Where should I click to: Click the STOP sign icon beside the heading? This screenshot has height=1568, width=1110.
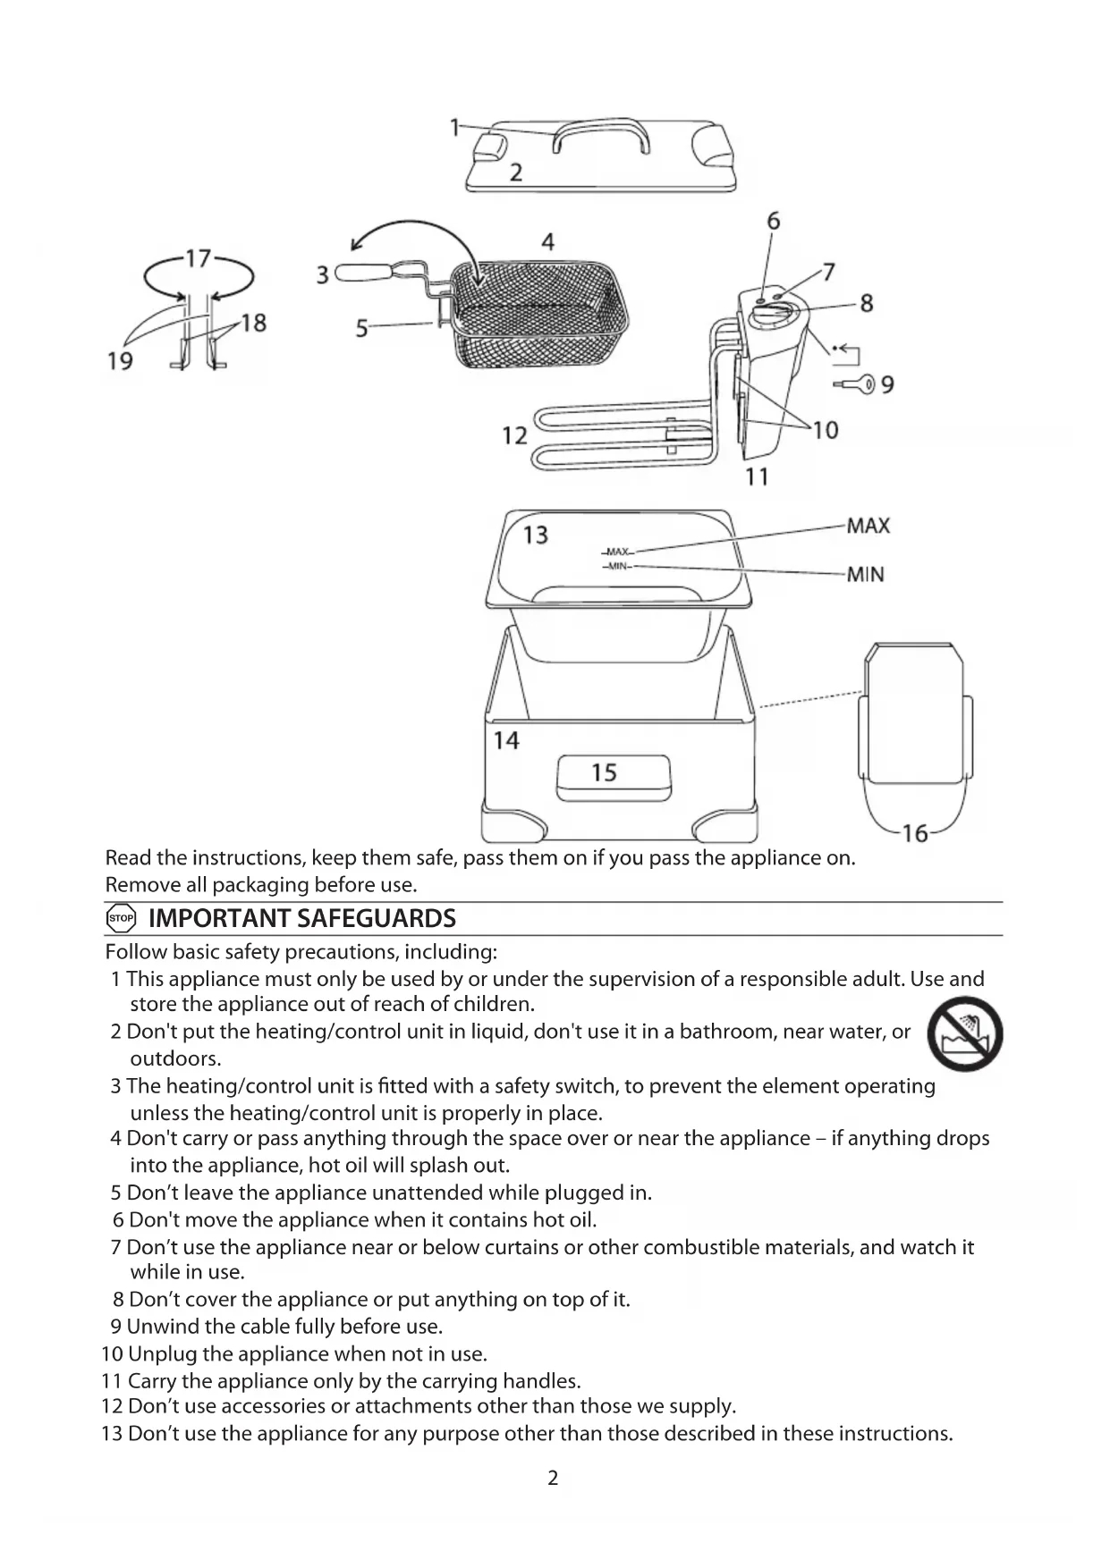click(x=121, y=918)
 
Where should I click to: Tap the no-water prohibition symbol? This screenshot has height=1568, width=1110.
click(x=965, y=1033)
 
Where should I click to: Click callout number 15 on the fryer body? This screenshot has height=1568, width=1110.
click(x=605, y=772)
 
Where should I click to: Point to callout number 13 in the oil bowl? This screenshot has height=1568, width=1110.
click(x=535, y=535)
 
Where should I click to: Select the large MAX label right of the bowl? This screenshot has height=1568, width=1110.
click(x=869, y=526)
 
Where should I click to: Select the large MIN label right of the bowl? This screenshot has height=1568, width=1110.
click(x=866, y=574)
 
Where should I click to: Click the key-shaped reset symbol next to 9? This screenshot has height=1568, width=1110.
click(x=857, y=384)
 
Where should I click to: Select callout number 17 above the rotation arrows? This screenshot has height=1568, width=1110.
click(x=198, y=258)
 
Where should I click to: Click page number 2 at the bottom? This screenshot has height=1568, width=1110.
click(x=553, y=1478)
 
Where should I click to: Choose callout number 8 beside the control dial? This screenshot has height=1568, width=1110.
click(x=866, y=303)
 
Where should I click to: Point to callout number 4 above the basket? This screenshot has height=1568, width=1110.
click(x=547, y=241)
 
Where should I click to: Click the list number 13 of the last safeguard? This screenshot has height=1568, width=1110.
click(x=112, y=1434)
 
